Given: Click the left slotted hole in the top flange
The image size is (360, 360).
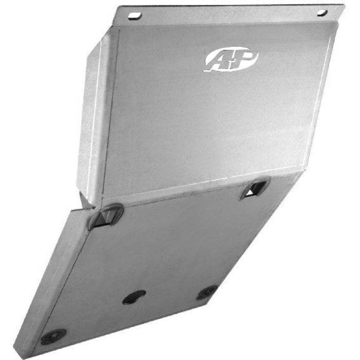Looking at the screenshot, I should pyautogui.click(x=135, y=16).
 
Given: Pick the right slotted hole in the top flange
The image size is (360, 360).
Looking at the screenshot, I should pyautogui.click(x=322, y=12).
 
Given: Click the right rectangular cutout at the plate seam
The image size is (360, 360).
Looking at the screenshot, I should pyautogui.click(x=255, y=189).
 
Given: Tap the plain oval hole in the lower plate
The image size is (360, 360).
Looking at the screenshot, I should pyautogui.click(x=134, y=296).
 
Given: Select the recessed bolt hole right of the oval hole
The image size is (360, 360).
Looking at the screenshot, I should pyautogui.click(x=207, y=292).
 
